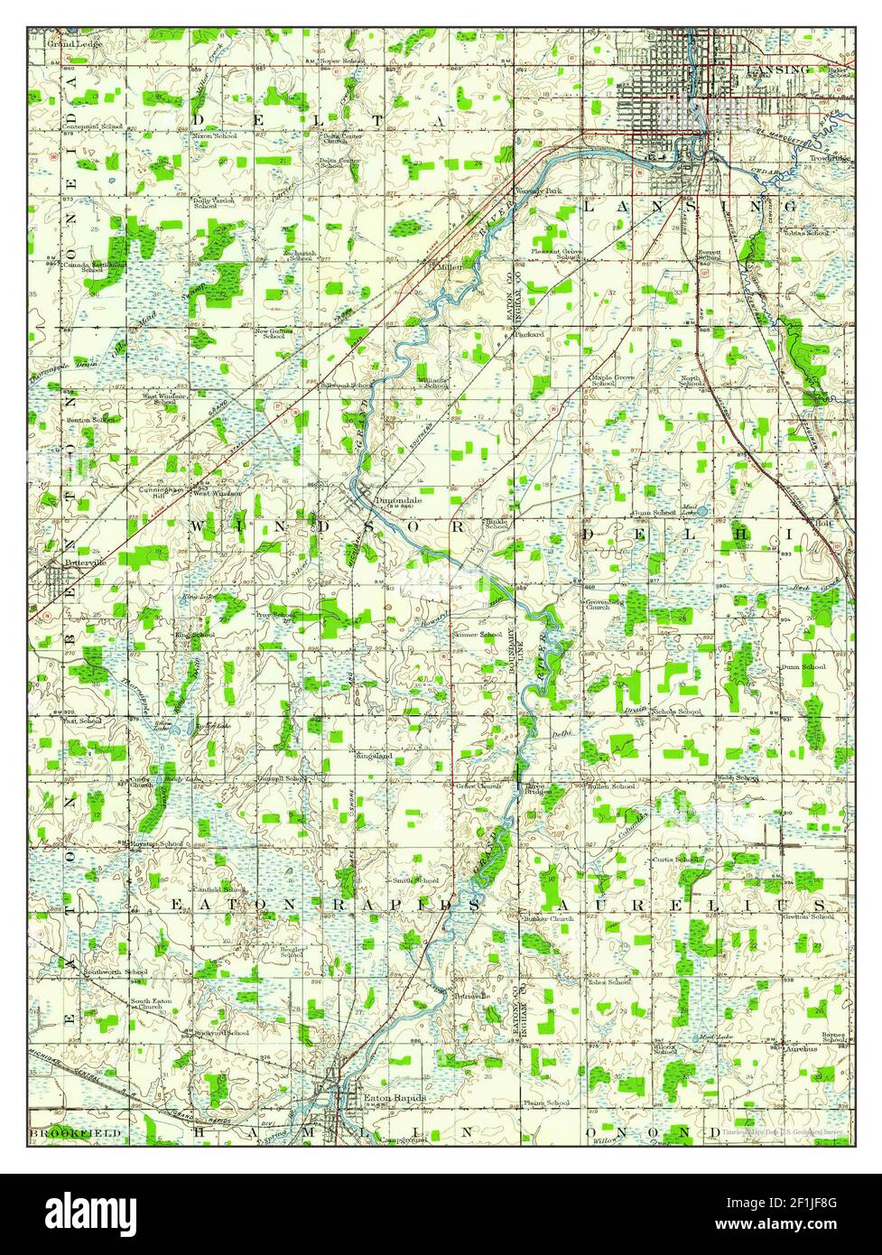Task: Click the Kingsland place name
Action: coord(374,755)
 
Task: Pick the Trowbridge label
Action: coord(831,158)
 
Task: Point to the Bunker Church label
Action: coord(548,919)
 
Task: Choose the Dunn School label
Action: coord(803,667)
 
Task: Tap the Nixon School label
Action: coord(215,136)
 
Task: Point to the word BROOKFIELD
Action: coord(61,1132)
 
